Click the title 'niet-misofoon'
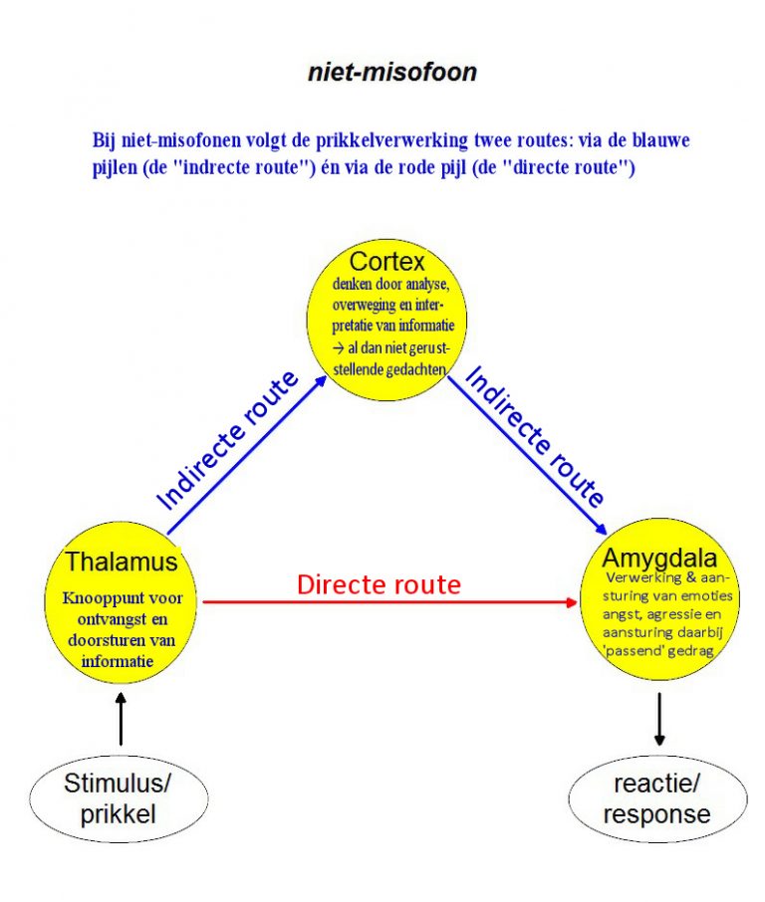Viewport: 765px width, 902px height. tap(391, 74)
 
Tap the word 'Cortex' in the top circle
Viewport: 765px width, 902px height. tap(387, 262)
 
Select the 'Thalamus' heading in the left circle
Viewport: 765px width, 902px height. tap(122, 562)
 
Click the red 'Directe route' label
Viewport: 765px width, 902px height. tap(379, 584)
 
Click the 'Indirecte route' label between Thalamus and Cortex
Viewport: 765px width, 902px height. tap(228, 439)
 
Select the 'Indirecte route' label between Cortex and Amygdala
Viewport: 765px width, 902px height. tap(534, 436)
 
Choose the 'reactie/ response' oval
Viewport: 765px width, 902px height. tap(656, 798)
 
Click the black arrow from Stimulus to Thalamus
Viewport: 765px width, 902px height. tap(122, 719)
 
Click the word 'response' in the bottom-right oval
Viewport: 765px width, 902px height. tap(656, 813)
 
